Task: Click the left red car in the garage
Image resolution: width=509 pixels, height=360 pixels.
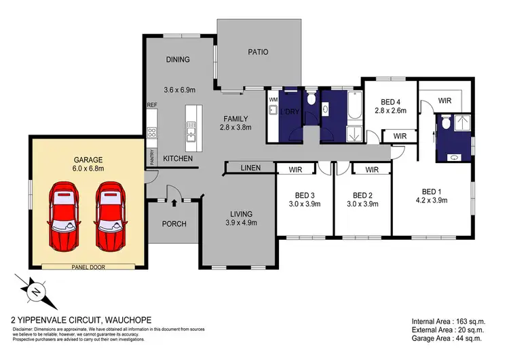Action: click(x=68, y=215)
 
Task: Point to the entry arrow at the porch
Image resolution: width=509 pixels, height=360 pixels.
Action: click(x=174, y=202)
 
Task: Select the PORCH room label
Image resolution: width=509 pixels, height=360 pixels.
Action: click(x=174, y=224)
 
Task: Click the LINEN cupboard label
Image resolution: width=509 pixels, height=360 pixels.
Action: click(x=248, y=168)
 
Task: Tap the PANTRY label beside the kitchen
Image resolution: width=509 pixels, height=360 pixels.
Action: click(x=151, y=158)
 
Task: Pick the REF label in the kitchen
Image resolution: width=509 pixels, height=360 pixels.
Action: click(x=152, y=105)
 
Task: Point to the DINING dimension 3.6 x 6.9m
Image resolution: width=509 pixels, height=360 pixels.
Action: click(x=179, y=90)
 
